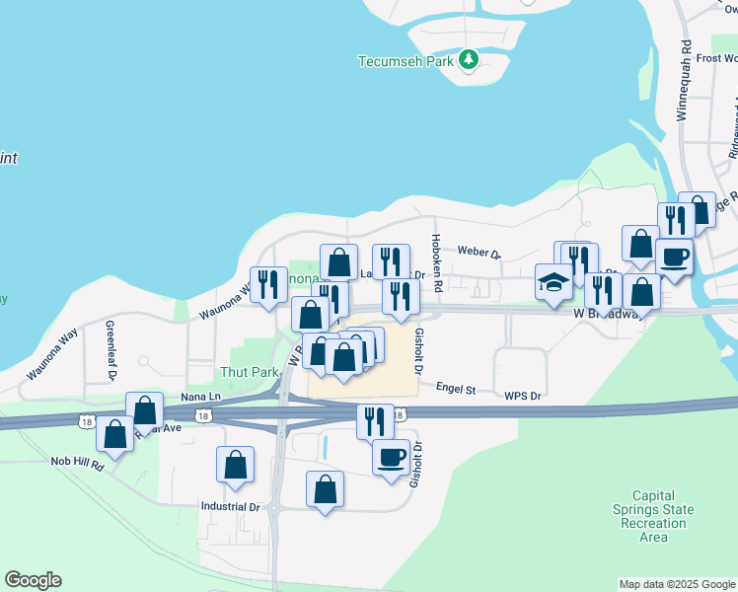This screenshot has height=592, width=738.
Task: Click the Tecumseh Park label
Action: (x=405, y=61)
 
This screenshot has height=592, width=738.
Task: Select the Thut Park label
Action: (x=248, y=373)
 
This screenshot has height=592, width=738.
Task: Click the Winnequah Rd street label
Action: (x=682, y=81)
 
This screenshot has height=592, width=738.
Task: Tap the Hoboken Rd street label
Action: (x=436, y=255)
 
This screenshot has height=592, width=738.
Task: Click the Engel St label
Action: (x=456, y=391)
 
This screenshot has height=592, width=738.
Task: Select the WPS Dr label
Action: (x=523, y=397)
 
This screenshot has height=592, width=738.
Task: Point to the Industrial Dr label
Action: (x=230, y=508)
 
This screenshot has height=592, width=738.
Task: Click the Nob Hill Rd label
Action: (x=78, y=462)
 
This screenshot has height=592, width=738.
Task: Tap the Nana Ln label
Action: (x=173, y=396)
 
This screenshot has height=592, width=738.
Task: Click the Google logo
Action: (x=33, y=580)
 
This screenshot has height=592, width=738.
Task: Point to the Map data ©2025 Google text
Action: (x=676, y=584)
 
